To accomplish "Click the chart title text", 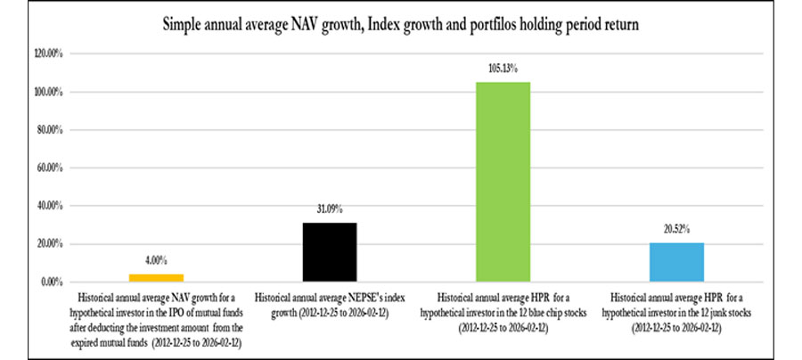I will [400, 25].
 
